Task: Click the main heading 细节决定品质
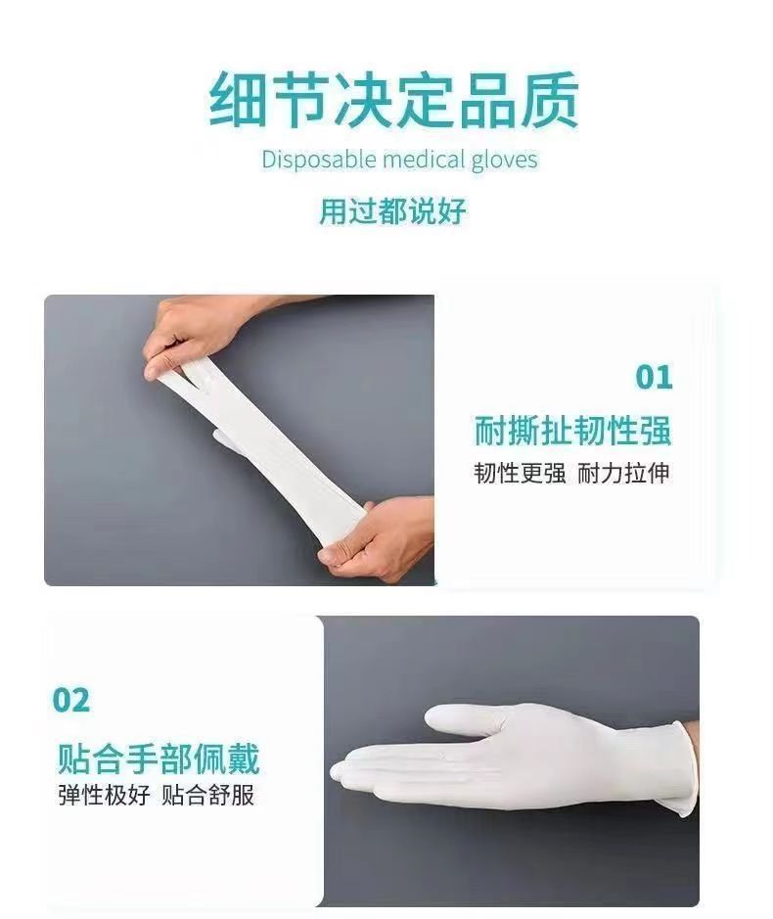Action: [393, 100]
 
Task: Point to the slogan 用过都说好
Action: [392, 210]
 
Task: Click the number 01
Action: [655, 377]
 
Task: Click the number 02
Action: [71, 701]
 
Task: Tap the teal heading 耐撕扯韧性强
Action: [573, 431]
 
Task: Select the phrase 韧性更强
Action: [520, 473]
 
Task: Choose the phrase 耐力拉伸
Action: [624, 473]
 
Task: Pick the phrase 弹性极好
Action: [104, 795]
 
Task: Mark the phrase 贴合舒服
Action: [208, 795]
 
